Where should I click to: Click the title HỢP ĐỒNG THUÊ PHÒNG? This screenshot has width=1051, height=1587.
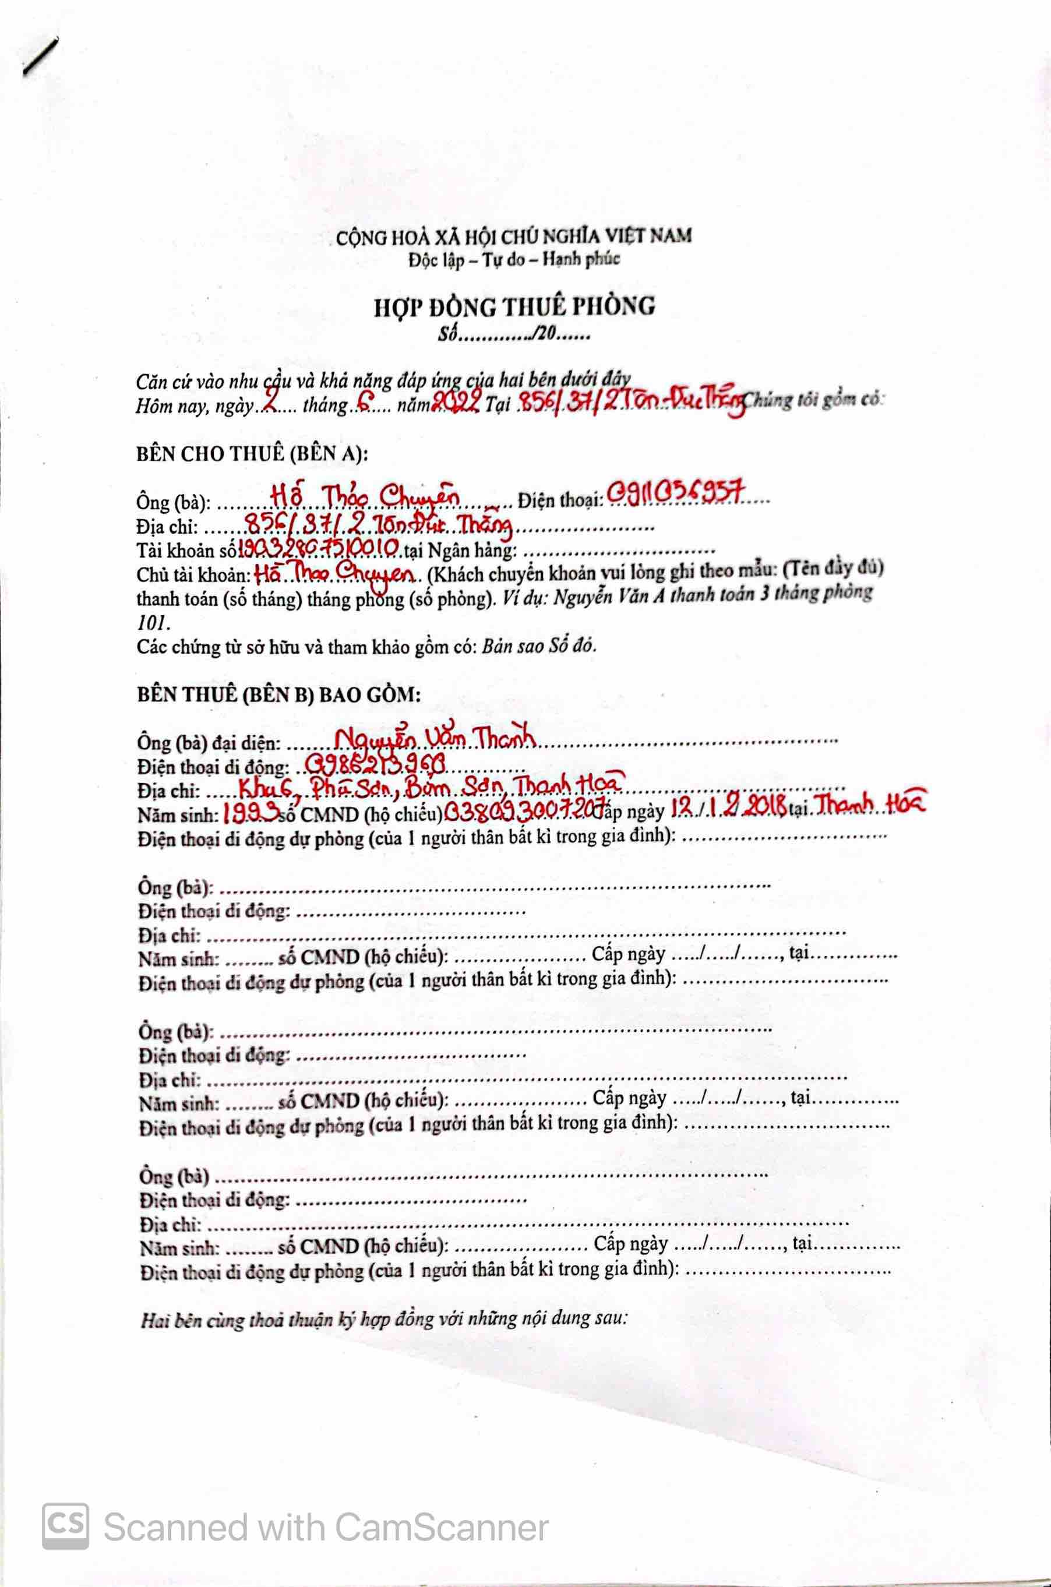(514, 306)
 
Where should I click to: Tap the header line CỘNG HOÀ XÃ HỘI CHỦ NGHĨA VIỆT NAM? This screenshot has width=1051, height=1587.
(514, 236)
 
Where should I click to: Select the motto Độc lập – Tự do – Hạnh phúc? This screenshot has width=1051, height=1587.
(514, 259)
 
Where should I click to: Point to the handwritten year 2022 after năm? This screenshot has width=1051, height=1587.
(456, 402)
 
